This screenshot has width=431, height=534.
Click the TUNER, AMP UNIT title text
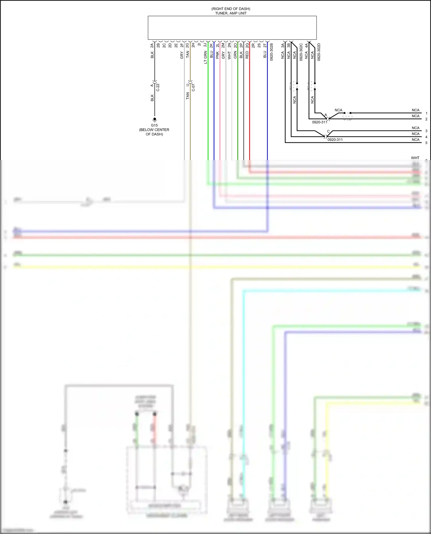[x=231, y=13]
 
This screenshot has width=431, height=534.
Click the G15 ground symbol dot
[x=155, y=119]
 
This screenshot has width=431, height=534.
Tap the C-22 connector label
[x=158, y=88]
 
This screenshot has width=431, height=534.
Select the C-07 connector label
[x=193, y=88]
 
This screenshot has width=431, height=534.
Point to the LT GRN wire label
[x=205, y=57]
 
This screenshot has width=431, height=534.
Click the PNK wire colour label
[x=218, y=55]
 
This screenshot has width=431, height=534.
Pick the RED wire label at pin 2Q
[x=247, y=55]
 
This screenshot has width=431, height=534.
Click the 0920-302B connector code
[x=272, y=52]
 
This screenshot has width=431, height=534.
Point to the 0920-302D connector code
[x=319, y=52]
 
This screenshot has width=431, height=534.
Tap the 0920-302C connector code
[x=301, y=52]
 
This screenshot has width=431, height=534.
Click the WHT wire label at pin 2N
[x=229, y=55]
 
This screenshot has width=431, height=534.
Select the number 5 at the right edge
[x=426, y=143]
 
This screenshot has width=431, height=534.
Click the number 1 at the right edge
[x=426, y=113]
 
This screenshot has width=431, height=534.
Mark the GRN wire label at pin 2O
[x=235, y=55]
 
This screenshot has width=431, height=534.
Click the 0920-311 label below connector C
[x=335, y=140]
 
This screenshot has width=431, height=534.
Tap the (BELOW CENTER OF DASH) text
[x=154, y=132]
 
